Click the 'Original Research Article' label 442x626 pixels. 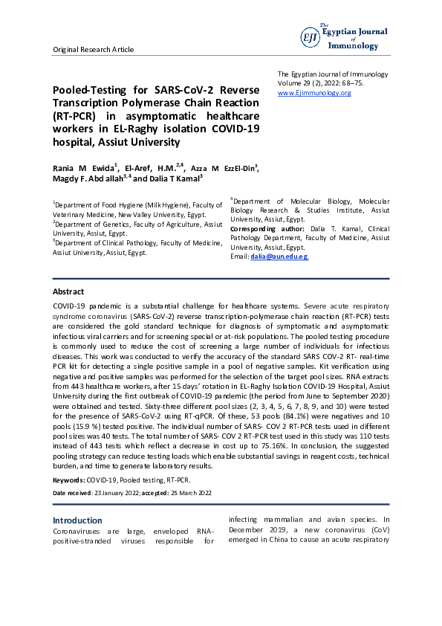(x=93, y=49)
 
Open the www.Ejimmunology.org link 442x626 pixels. (x=314, y=93)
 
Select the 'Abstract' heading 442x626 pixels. (x=68, y=291)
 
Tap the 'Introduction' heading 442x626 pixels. (x=77, y=520)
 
